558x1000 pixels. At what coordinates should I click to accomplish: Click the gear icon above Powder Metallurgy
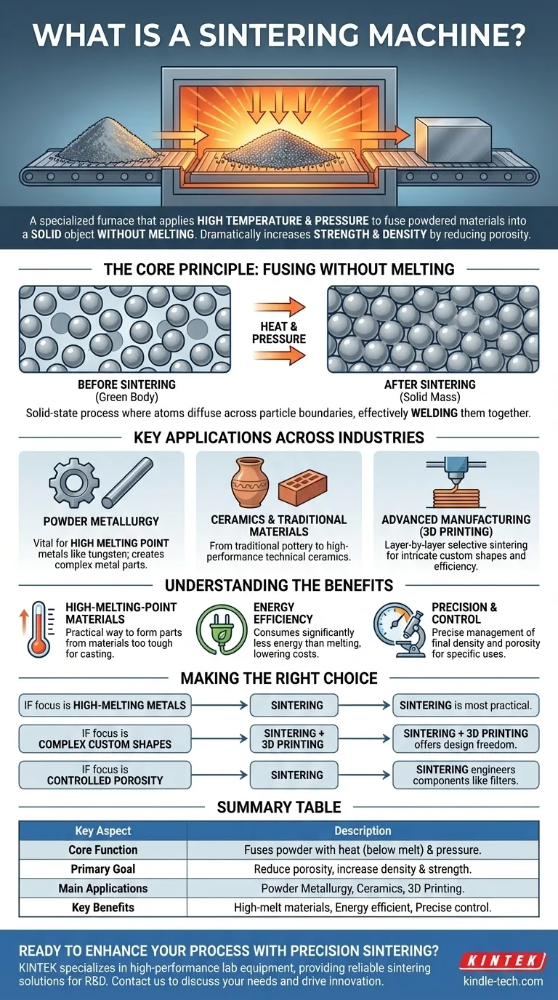point(73,482)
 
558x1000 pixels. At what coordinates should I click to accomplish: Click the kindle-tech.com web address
point(503,981)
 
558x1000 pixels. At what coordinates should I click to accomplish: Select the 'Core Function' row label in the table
point(102,850)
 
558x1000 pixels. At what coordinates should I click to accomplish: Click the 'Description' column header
point(363,831)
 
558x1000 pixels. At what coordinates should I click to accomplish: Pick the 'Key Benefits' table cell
point(102,907)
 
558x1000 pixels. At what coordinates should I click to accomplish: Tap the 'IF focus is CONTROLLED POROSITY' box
point(105,775)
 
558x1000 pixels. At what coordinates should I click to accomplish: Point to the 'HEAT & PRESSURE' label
point(279,334)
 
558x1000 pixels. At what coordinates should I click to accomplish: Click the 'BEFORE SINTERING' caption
point(126,384)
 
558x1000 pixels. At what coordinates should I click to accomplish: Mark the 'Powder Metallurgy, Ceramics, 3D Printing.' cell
point(363,888)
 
